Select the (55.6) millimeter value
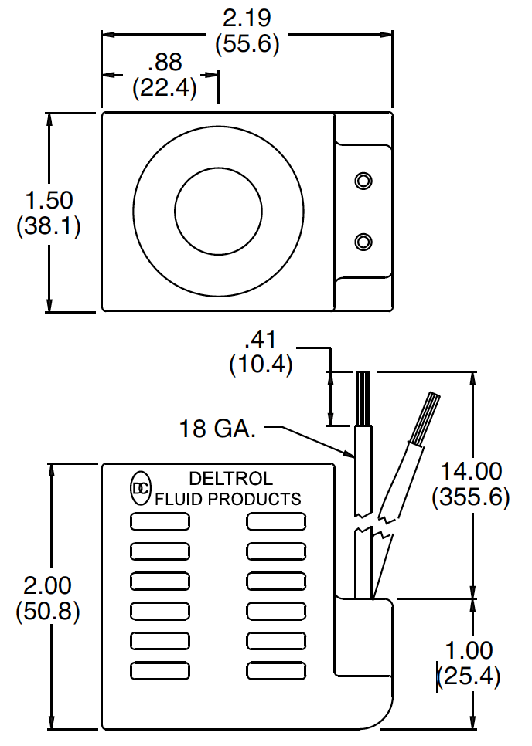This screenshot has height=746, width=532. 247,44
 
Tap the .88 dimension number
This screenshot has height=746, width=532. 165,62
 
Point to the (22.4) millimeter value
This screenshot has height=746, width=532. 165,88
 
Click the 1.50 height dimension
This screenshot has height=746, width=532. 49,201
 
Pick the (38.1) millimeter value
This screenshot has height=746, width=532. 49,228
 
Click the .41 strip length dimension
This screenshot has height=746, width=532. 260,338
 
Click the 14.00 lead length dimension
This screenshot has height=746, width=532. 471,470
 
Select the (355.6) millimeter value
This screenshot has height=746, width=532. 471,497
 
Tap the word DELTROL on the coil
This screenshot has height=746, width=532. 230,479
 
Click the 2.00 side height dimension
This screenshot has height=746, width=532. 49,585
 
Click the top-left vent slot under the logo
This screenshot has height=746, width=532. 160,523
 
